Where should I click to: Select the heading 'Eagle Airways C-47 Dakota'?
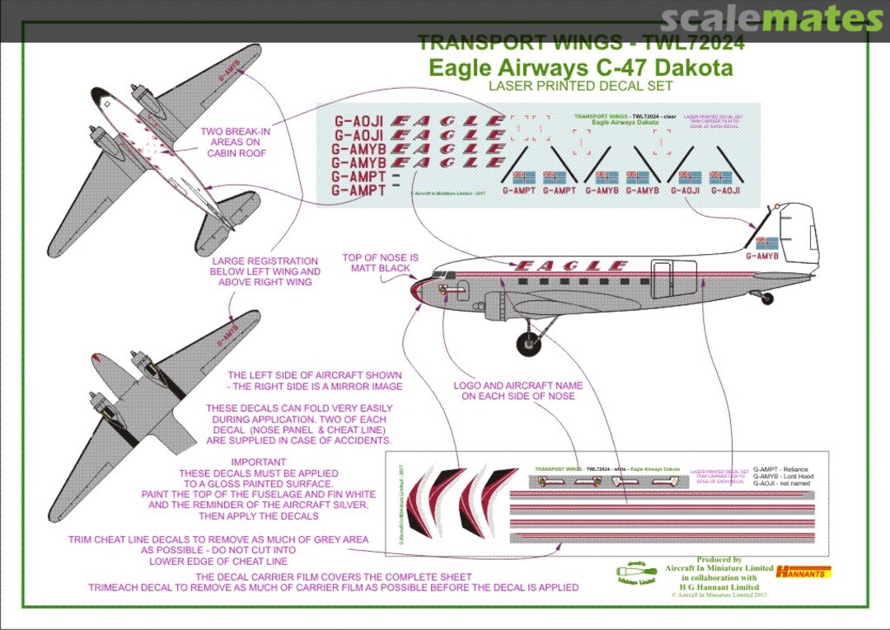click(x=580, y=68)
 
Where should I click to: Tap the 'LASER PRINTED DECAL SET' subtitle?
click(x=580, y=86)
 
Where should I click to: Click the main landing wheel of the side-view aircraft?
click(x=528, y=341)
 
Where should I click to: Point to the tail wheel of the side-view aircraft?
click(x=766, y=298)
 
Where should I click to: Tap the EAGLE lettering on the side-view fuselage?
click(x=570, y=266)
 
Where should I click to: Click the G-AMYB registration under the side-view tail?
click(x=762, y=256)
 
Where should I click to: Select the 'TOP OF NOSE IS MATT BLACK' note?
click(x=380, y=263)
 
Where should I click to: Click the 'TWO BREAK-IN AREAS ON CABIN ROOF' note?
click(x=236, y=142)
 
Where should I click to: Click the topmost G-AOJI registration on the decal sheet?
click(x=358, y=121)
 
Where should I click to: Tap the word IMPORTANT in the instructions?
click(x=259, y=462)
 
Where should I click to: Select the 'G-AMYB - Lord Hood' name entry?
click(x=783, y=477)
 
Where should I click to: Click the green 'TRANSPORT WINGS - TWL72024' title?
click(x=580, y=43)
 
